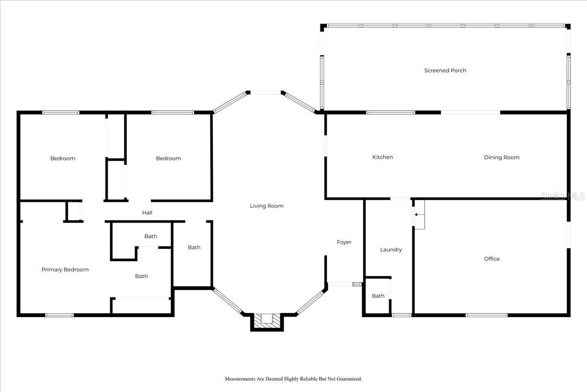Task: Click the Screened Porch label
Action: (445, 71)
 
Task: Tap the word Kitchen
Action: (383, 157)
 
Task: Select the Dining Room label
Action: (501, 157)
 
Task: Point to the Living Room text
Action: (267, 206)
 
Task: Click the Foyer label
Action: (344, 242)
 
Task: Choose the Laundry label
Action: (391, 249)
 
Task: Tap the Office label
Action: (492, 259)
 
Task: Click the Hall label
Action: (147, 213)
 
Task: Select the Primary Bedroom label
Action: (65, 269)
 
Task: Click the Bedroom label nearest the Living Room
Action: (168, 158)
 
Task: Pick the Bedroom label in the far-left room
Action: (63, 158)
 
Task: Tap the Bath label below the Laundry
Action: (378, 296)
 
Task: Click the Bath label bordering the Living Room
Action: (194, 247)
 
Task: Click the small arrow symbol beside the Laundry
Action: (415, 215)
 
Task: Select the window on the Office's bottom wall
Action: (486, 315)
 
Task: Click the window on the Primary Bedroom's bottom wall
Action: (59, 315)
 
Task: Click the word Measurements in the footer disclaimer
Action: (241, 379)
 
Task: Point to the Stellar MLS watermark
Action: (563, 196)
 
